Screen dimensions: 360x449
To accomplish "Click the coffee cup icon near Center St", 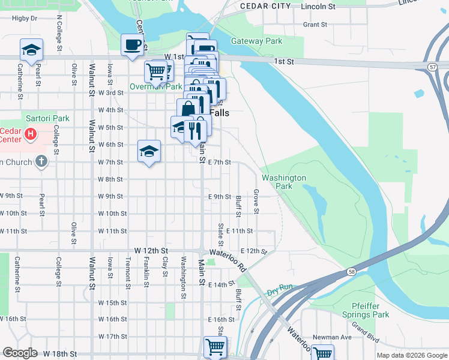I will [133, 44].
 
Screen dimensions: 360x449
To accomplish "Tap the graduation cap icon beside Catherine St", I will [31, 49].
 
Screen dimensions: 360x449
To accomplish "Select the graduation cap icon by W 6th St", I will [149, 151].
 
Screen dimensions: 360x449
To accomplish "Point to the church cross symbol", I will [40, 161].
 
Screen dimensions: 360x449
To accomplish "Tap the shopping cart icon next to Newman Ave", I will [323, 354].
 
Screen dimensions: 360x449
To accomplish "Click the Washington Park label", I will [284, 182].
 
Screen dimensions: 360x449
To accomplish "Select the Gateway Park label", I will [257, 41].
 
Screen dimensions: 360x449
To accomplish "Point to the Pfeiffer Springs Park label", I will [366, 310].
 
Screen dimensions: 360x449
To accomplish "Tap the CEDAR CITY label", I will [265, 6].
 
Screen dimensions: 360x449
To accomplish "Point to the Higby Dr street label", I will [25, 19].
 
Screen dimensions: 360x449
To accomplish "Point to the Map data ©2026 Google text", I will [411, 355].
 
